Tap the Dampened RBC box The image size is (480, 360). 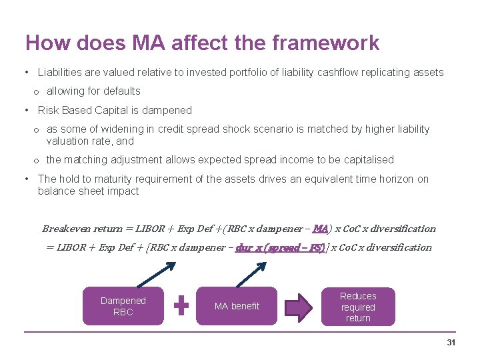coord(123,306)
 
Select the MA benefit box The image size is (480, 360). coord(237,306)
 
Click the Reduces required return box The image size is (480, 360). coord(358,307)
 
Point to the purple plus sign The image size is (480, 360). coord(181,306)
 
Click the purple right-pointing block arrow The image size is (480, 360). coord(298,307)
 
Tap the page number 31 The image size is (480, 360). coord(451,342)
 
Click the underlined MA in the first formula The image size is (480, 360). coord(321,229)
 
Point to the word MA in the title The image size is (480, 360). coord(149,43)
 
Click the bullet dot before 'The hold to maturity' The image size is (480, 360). coord(25,179)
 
